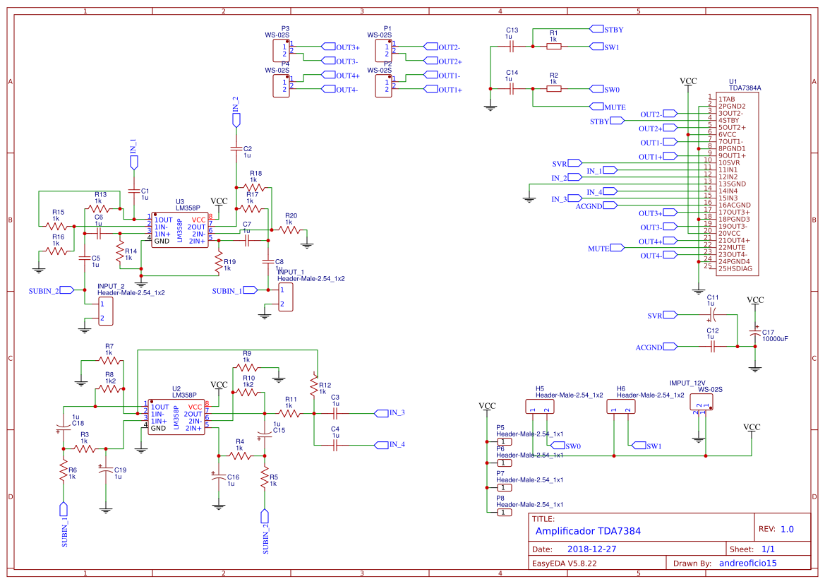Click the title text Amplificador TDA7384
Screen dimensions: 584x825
(588, 531)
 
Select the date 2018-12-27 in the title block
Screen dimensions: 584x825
(592, 549)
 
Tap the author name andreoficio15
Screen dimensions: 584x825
(747, 563)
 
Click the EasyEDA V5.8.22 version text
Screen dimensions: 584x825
(564, 563)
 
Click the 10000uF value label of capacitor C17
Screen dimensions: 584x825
(775, 339)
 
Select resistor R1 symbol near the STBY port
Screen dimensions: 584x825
(554, 47)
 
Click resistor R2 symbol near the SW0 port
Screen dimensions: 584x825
(554, 89)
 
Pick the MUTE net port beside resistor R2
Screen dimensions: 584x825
(606, 107)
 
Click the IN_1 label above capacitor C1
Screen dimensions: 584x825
(133, 147)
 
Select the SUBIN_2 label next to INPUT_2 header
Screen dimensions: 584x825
(44, 290)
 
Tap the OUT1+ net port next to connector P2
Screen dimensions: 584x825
(442, 90)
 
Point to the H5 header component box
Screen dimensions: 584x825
(539, 406)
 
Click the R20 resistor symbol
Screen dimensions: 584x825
(289, 230)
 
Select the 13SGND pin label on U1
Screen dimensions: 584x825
(733, 184)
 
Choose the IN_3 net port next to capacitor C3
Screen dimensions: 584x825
(389, 412)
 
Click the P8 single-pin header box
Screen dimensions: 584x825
(504, 512)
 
